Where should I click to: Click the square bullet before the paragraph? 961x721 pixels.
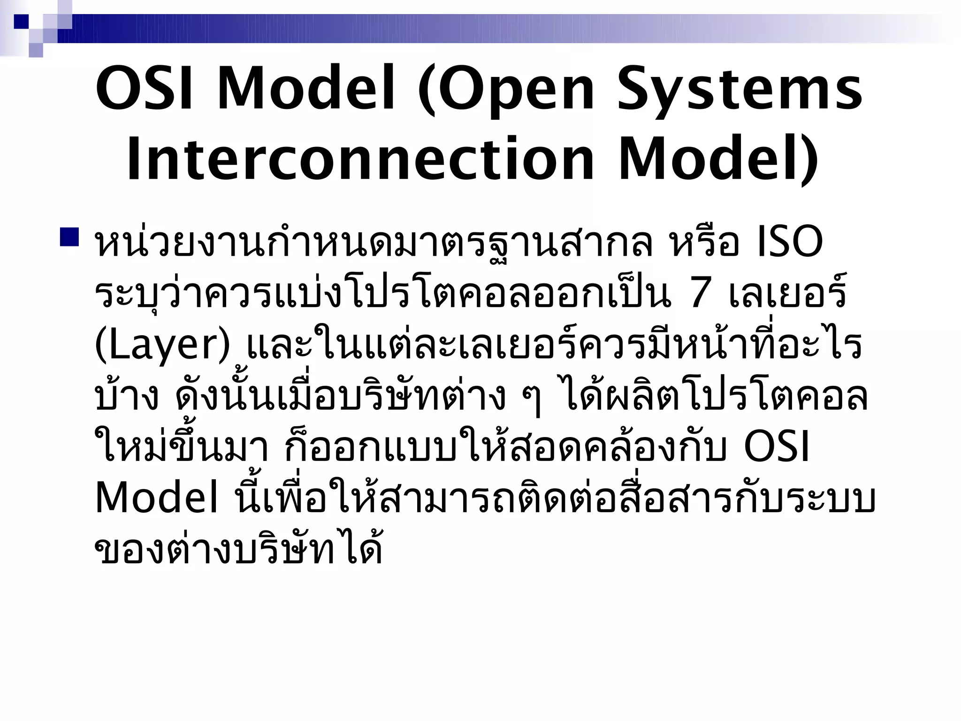tap(69, 238)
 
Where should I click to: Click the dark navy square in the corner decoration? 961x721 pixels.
tap(21, 21)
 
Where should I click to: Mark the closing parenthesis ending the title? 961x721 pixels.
tap(810, 160)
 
